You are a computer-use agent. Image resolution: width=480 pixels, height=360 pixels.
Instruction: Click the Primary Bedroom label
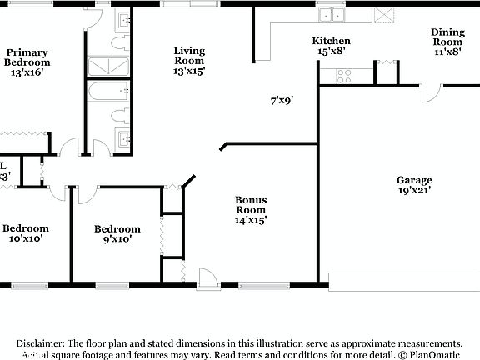coord(27,62)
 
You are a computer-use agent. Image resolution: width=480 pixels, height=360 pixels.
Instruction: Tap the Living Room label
coord(189,61)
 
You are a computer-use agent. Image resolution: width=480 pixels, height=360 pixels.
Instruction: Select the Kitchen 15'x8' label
coord(331,46)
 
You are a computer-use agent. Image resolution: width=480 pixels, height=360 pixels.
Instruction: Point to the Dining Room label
coord(447,42)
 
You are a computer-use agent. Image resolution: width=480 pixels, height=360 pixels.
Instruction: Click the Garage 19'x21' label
coord(414,184)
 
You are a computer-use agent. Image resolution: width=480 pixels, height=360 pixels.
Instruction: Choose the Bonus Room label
coord(250,209)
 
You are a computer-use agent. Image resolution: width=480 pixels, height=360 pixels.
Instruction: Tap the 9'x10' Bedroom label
coord(117,234)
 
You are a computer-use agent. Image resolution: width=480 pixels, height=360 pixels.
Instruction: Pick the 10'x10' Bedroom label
coord(25,233)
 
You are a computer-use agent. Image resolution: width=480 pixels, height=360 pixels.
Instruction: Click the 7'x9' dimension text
coord(282,100)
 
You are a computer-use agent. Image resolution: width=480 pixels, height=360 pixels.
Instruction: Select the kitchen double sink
coord(332,14)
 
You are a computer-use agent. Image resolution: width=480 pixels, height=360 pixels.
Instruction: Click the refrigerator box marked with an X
coord(383,14)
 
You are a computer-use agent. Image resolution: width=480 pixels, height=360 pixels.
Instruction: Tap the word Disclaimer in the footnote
coord(41,343)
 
